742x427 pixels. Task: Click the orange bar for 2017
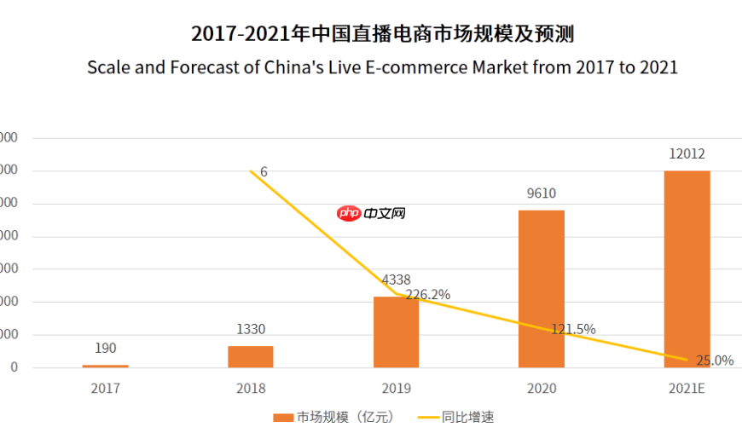106,366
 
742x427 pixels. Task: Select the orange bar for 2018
251,356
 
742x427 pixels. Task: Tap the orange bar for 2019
396,332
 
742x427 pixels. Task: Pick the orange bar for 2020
541,289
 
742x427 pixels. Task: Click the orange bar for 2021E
687,269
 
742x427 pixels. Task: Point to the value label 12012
687,154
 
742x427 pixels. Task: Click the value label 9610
541,193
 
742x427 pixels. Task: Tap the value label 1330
251,329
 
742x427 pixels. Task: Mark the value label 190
106,348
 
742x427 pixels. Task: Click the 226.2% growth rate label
428,295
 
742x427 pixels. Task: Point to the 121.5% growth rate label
573,329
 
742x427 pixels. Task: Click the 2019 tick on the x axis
396,389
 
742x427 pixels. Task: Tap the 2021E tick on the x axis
687,389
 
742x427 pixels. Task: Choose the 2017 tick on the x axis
106,389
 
